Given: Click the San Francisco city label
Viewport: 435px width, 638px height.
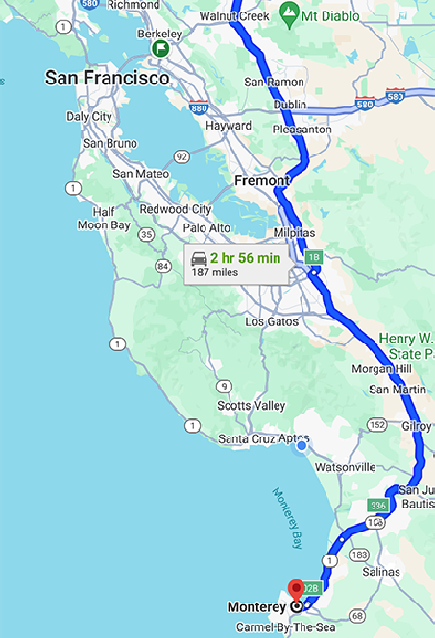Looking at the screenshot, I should click(x=107, y=78).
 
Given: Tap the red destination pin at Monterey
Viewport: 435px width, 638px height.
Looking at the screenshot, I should click(x=297, y=588).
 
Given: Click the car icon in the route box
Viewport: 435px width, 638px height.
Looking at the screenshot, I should click(x=199, y=258).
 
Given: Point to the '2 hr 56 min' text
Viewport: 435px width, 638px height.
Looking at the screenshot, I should click(x=246, y=258).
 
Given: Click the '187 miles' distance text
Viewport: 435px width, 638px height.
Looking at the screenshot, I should click(x=215, y=272).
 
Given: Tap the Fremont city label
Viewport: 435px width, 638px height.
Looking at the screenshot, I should click(x=261, y=180).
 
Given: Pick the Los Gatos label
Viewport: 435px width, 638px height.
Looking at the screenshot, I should click(x=271, y=322).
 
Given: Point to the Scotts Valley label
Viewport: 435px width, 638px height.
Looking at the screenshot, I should click(x=252, y=406).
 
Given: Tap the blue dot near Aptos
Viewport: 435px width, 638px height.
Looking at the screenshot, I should click(x=302, y=444).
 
